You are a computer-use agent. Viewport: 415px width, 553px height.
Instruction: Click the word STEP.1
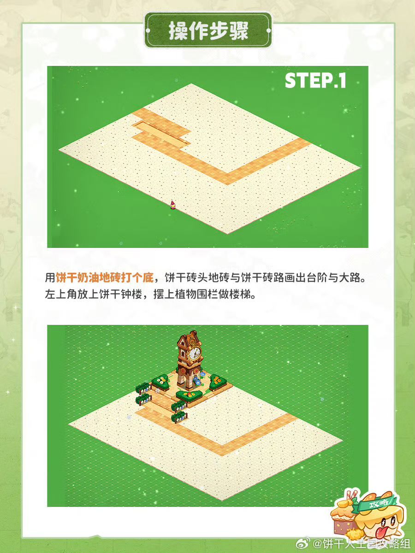click(x=315, y=81)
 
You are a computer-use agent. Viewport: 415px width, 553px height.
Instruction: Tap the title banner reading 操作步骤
click(x=208, y=30)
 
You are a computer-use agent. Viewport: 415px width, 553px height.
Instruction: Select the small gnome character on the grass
click(x=173, y=205)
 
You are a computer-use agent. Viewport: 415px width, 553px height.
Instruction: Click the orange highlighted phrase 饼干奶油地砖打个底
click(x=105, y=278)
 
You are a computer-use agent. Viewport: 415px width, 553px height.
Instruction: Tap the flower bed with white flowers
click(x=160, y=382)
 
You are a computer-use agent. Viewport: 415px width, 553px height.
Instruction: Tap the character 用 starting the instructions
click(x=50, y=278)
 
